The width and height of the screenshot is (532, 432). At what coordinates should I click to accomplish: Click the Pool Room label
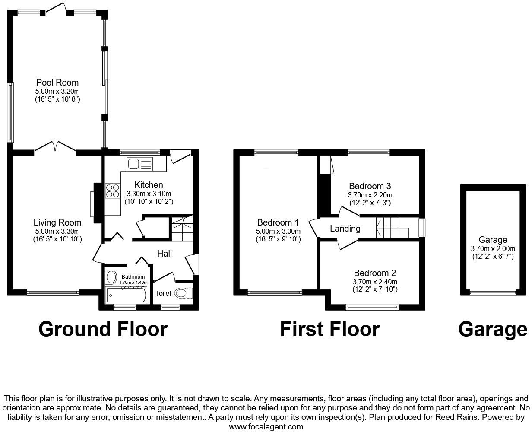click(57, 83)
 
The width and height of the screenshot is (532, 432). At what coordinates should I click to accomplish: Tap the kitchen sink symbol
click(139, 164)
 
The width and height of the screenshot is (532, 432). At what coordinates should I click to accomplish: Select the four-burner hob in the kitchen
click(113, 191)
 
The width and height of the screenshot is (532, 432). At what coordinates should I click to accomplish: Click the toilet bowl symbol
click(184, 293)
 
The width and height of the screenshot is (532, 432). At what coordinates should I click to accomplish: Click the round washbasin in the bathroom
click(111, 276)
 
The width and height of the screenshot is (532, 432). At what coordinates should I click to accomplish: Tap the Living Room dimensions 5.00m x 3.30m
click(57, 231)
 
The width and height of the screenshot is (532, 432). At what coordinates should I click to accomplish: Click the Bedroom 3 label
click(370, 186)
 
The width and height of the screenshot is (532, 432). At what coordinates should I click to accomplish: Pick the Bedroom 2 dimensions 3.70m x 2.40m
click(374, 282)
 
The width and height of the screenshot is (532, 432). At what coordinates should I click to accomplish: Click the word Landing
click(345, 229)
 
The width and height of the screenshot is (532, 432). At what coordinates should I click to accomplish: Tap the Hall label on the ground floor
click(164, 254)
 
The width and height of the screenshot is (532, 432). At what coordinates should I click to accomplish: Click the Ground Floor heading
click(103, 329)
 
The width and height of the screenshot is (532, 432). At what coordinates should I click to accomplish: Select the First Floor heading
click(329, 329)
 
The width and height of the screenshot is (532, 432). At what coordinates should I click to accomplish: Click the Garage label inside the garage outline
click(493, 240)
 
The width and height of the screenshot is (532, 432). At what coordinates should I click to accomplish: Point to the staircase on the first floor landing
click(392, 228)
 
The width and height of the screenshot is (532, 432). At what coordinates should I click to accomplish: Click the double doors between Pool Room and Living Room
click(55, 148)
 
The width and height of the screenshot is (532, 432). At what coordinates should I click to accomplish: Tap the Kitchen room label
click(149, 185)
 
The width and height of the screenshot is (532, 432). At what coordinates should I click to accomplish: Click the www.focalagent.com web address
click(266, 427)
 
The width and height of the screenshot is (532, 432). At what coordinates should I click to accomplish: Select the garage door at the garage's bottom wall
click(493, 293)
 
